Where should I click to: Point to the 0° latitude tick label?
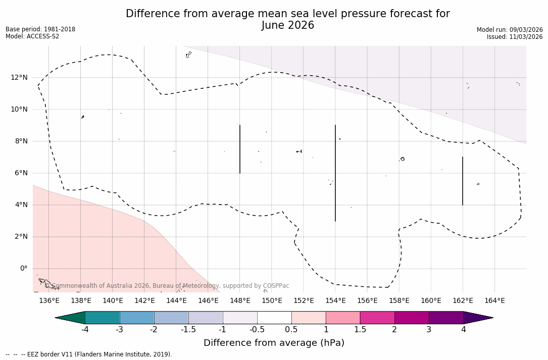23,269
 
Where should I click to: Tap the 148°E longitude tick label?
240,301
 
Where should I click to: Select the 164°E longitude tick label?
494,301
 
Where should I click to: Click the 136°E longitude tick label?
49,301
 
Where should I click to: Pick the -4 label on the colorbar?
85,330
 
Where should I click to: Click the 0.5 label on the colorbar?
291,330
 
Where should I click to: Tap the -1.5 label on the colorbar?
188,330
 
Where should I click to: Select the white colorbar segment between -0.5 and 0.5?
274,318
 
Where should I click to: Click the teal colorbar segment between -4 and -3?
103,318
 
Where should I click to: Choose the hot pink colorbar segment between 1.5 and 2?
377,318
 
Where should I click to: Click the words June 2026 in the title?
288,25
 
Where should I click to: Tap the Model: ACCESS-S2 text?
32,36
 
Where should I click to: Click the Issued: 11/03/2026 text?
515,37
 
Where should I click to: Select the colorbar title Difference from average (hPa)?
274,343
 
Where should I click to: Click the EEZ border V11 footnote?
88,354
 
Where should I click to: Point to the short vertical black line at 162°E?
463,181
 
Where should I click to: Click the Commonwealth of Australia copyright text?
167,286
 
